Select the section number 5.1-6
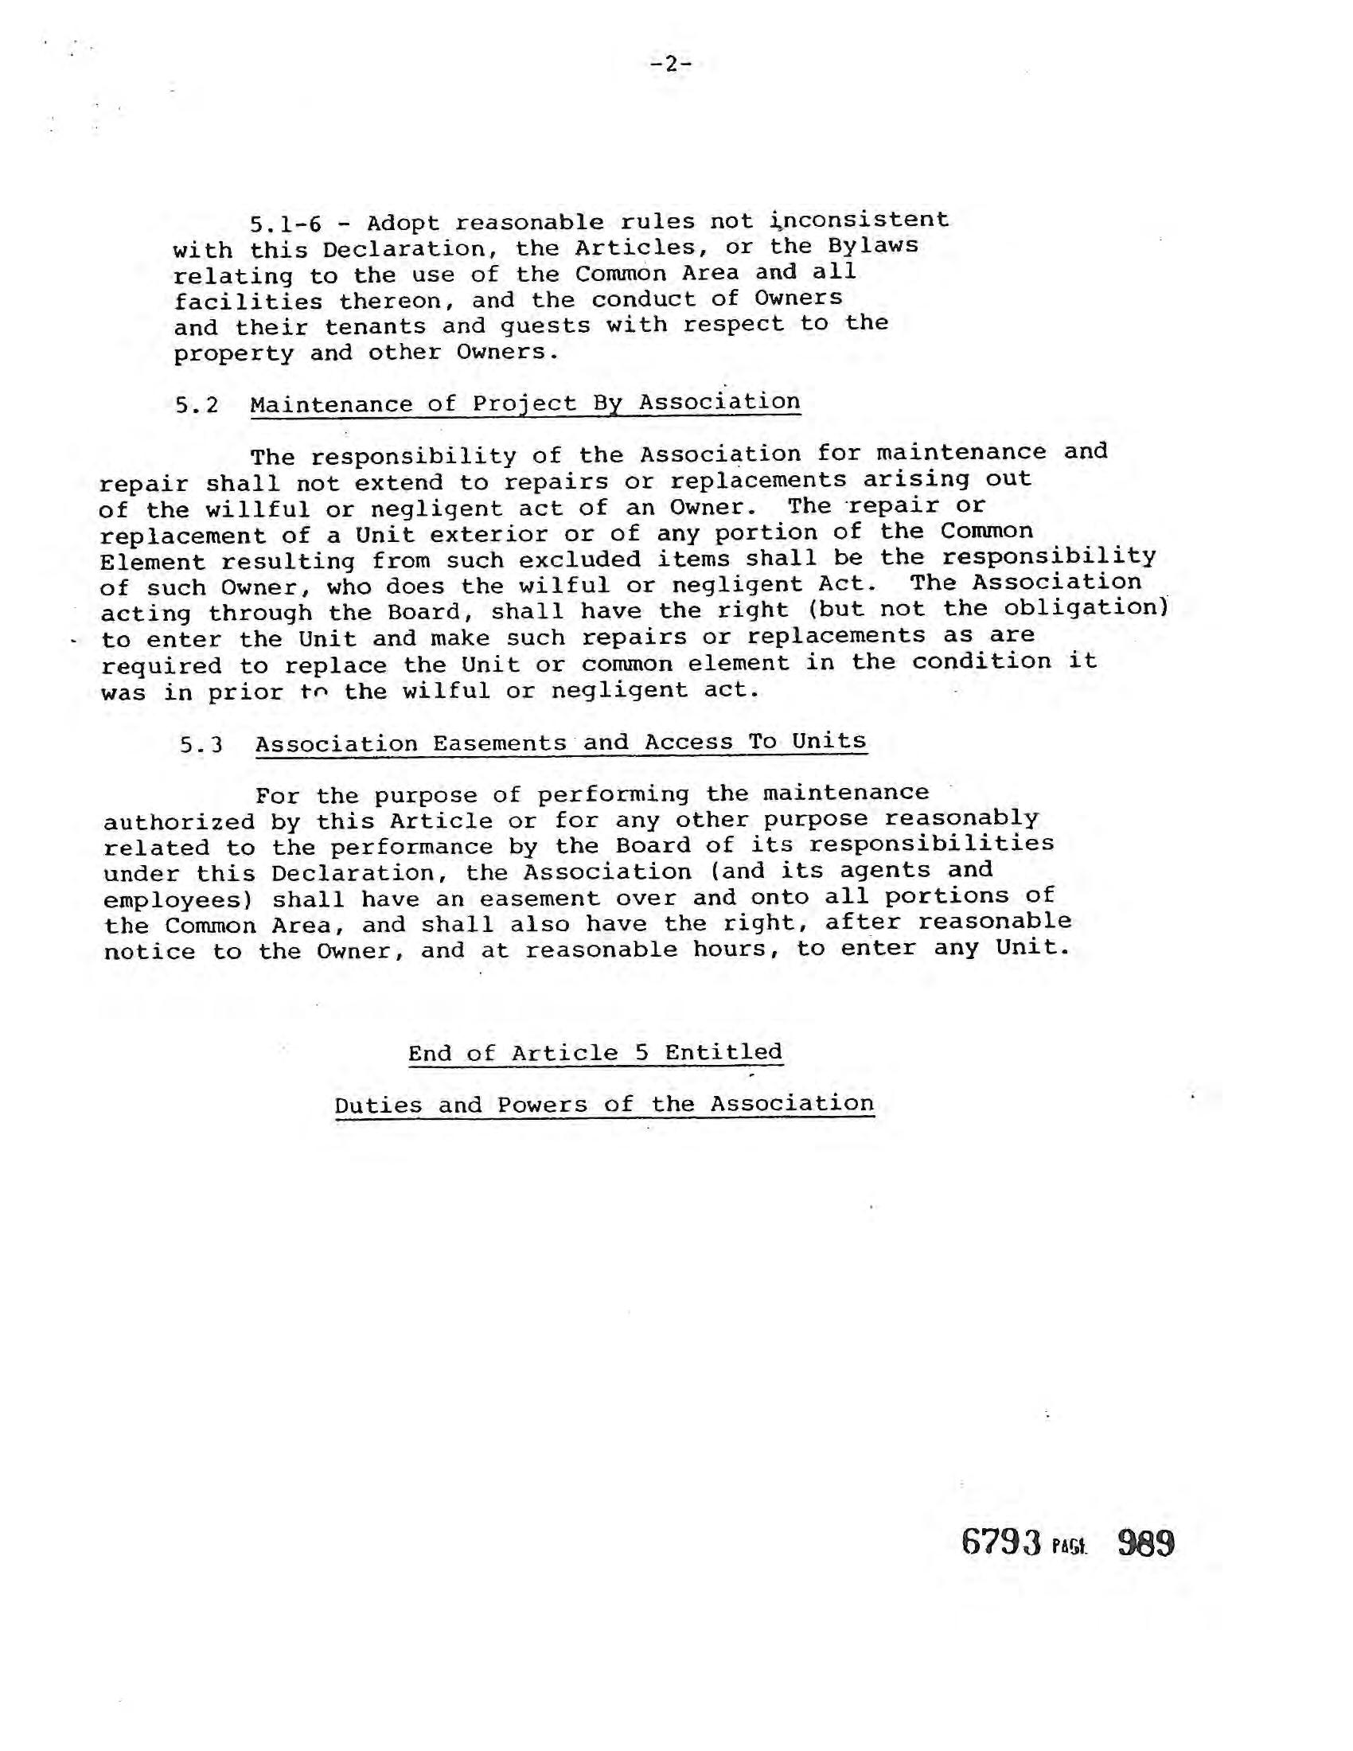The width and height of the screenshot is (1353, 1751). [x=286, y=224]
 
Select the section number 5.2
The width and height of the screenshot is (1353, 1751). [x=197, y=406]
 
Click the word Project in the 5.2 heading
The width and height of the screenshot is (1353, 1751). [x=524, y=404]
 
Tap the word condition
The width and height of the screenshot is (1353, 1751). [x=981, y=661]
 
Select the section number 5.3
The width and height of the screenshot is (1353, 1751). [x=201, y=746]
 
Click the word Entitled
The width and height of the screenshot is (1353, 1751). [x=723, y=1052]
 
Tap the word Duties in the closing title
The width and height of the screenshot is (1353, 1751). [x=378, y=1106]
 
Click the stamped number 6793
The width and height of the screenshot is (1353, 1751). [x=1001, y=1542]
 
